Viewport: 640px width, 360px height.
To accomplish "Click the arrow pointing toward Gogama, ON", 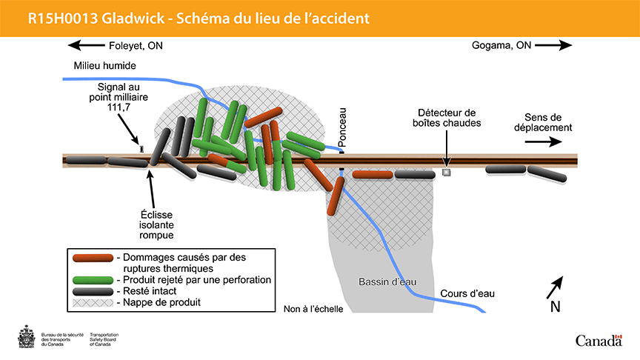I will pyautogui.click(x=553, y=46).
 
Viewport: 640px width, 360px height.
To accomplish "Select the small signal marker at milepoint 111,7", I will pyautogui.click(x=141, y=149).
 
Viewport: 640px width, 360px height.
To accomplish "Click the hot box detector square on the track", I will pyautogui.click(x=446, y=173).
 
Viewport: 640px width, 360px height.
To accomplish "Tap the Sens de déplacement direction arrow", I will pyautogui.click(x=547, y=144).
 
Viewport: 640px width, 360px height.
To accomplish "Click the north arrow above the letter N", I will pyautogui.click(x=556, y=285).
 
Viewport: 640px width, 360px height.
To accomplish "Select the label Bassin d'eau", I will pyautogui.click(x=383, y=282).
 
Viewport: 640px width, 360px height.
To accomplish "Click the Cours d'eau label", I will pyautogui.click(x=467, y=294).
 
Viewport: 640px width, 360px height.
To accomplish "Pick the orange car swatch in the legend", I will pyautogui.click(x=93, y=257).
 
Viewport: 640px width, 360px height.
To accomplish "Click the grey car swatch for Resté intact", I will pyautogui.click(x=93, y=291).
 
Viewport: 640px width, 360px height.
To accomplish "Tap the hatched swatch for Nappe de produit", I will pyautogui.click(x=93, y=302).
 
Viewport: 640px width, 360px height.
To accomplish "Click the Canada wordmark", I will pyautogui.click(x=599, y=341).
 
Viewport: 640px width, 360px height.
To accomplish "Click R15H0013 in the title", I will pyautogui.click(x=59, y=17).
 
